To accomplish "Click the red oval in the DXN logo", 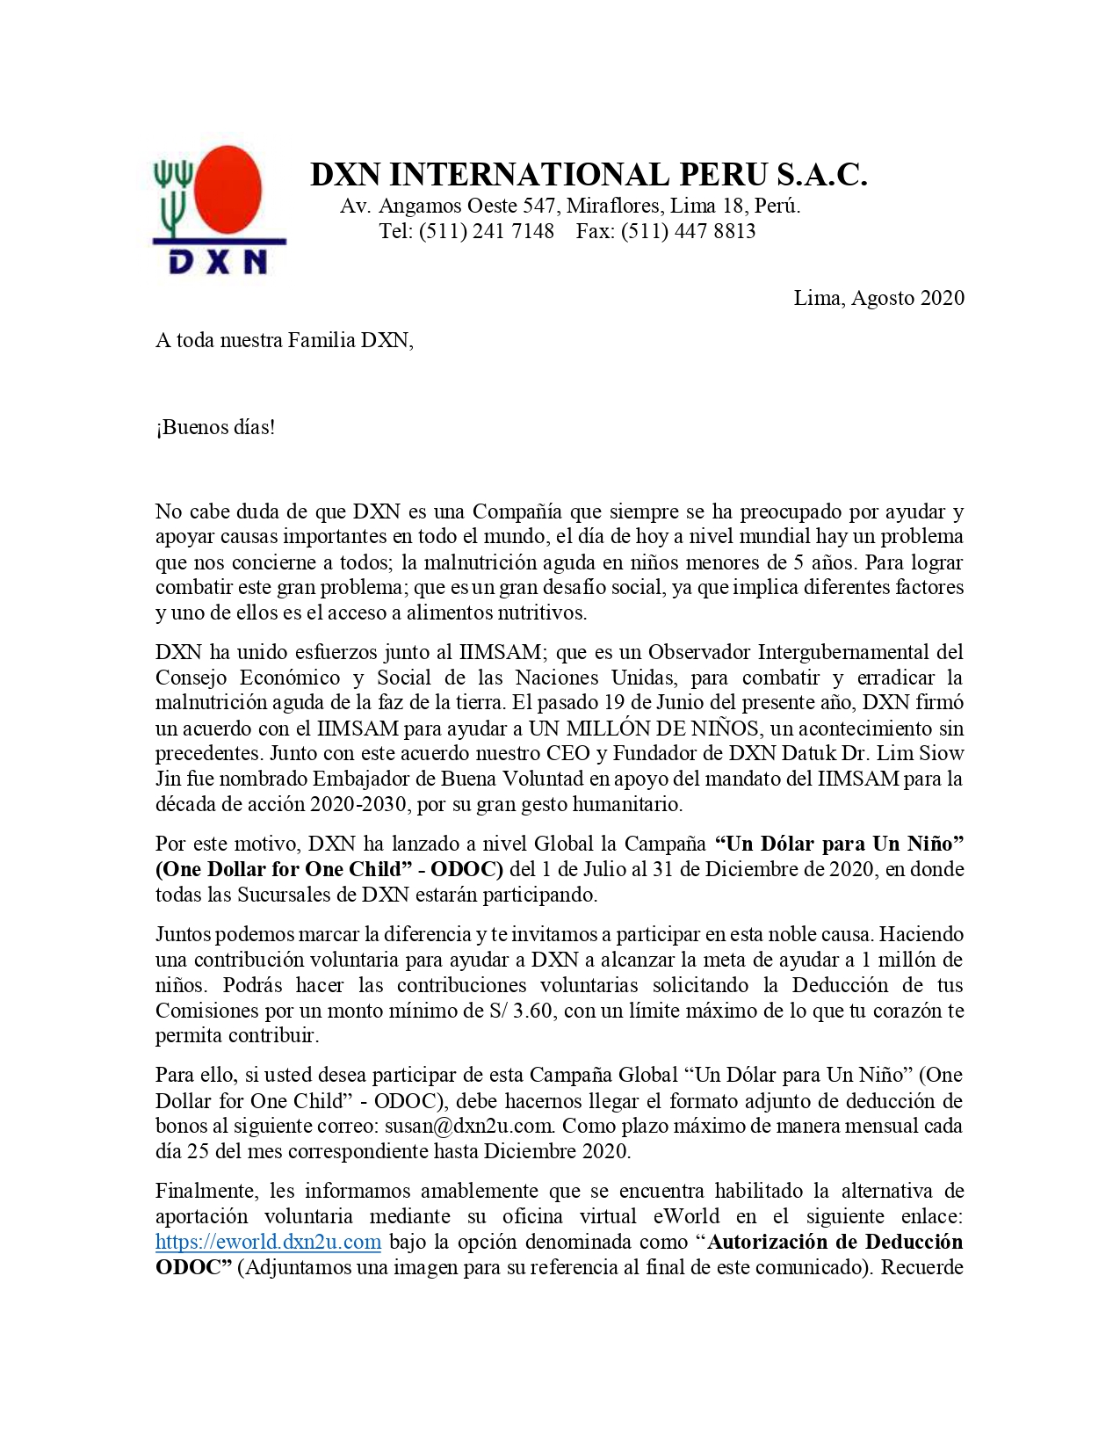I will pos(228,189).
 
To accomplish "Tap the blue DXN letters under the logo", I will pos(218,261).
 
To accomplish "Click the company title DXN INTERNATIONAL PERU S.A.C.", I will pos(589,174).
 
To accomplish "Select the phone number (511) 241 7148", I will pos(487,231).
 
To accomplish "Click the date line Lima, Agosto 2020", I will pos(878,298).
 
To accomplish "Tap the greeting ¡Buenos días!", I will pos(215,428).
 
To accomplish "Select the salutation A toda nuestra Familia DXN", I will pos(284,340).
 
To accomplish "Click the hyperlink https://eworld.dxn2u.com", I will pos(268,1242).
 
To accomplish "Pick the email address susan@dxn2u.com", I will pos(469,1126).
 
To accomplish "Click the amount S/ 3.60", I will pos(521,1011).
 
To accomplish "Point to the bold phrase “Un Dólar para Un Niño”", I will pos(839,844).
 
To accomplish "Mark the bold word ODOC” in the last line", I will pos(193,1267).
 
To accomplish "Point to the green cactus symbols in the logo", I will pos(174,192).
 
